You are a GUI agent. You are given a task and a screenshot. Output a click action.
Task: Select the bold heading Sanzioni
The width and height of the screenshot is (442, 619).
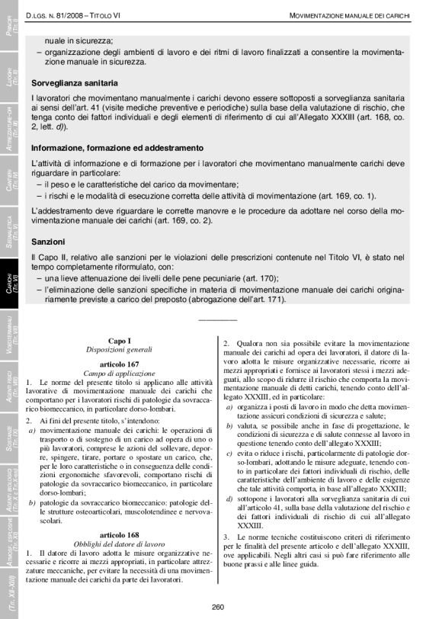coord(48,241)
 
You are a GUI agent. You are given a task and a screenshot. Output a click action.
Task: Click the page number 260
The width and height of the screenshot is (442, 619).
coord(218,607)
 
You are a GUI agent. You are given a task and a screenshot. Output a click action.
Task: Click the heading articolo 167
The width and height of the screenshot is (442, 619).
coord(120,364)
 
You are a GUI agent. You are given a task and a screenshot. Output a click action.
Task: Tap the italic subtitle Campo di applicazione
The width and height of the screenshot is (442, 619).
coord(120,372)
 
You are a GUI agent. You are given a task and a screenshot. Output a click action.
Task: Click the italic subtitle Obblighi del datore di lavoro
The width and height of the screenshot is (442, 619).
coord(120,544)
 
